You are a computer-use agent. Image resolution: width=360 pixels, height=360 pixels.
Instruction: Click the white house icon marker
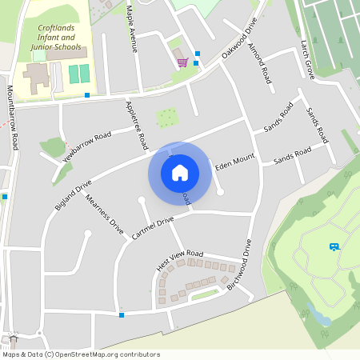[x=180, y=173]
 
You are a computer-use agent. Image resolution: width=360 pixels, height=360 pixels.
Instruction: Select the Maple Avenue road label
[x=132, y=29]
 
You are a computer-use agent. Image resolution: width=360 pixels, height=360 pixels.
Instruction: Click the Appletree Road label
[x=137, y=126]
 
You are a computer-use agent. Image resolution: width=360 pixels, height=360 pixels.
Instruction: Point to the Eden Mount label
[x=234, y=161]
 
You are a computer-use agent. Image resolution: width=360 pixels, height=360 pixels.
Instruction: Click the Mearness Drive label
[x=105, y=214]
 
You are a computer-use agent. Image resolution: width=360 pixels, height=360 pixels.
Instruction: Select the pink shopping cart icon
[x=182, y=62]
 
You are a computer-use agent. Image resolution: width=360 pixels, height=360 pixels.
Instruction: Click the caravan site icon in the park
[x=334, y=246]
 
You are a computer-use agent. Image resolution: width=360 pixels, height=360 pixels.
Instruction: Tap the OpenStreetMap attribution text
[x=80, y=354]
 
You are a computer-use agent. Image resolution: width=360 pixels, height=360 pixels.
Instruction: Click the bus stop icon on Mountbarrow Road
[x=5, y=196]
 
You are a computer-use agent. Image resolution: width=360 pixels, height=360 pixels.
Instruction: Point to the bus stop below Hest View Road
[x=122, y=314]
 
